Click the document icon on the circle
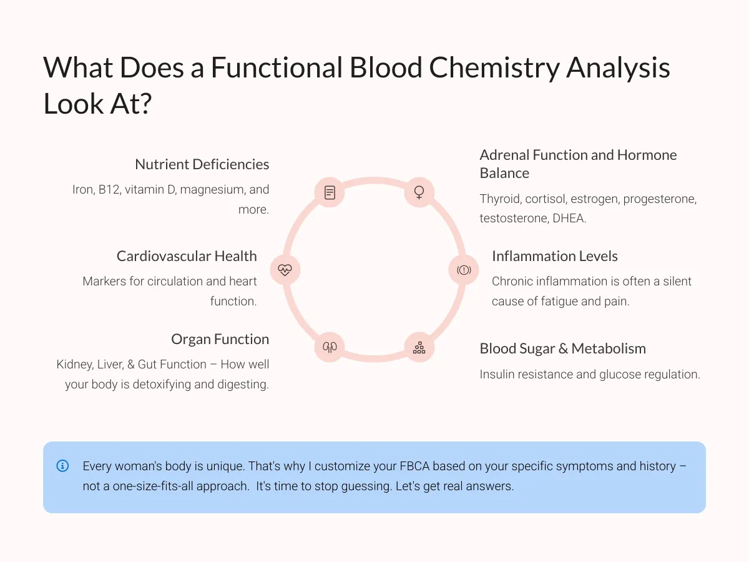[x=330, y=192]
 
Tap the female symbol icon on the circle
[x=419, y=192]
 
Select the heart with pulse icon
[x=285, y=270]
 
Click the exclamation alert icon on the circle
[x=464, y=270]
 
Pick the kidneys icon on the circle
[x=330, y=347]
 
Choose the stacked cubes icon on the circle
[x=419, y=347]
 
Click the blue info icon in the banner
[x=62, y=466]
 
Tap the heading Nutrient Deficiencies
[x=202, y=164]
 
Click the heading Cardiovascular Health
[x=187, y=256]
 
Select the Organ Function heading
[x=220, y=339]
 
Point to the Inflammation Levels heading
[x=554, y=256]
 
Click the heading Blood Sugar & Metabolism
[x=563, y=348]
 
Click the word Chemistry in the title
[x=494, y=67]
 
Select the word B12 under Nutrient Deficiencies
[x=109, y=189]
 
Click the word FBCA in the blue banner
[x=414, y=466]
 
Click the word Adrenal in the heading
[x=504, y=155]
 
